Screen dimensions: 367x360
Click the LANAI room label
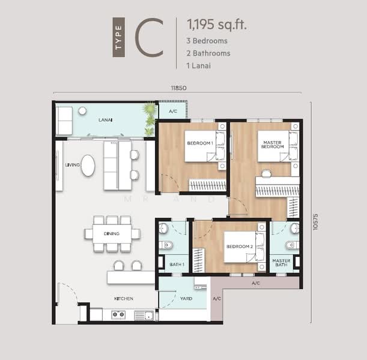[105, 120]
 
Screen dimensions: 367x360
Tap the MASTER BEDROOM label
[273, 145]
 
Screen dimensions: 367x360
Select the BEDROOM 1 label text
[200, 143]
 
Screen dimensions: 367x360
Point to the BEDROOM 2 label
[240, 247]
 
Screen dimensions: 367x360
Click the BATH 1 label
[177, 265]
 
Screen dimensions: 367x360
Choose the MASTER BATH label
[281, 263]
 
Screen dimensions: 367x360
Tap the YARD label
[186, 299]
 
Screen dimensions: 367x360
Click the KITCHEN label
[124, 299]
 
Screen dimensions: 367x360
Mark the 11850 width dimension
[179, 88]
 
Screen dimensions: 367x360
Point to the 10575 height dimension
[315, 222]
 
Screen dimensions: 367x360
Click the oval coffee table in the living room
[88, 165]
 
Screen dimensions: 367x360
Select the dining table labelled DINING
[112, 233]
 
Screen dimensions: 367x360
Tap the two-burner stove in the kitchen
[118, 314]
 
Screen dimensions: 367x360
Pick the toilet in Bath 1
[166, 245]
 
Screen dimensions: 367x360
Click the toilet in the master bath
[293, 245]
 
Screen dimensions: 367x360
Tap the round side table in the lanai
[82, 111]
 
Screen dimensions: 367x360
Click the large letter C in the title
[149, 37]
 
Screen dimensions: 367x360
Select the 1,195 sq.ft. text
[217, 24]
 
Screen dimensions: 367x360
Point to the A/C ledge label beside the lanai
[173, 111]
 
